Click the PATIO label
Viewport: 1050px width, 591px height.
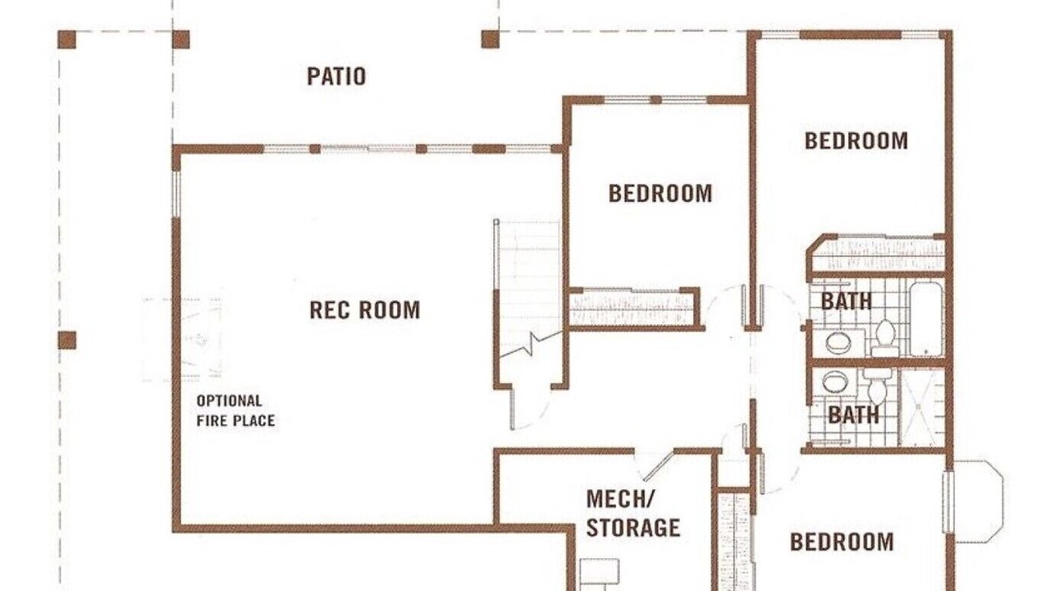click(336, 76)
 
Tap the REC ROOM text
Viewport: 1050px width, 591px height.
click(365, 310)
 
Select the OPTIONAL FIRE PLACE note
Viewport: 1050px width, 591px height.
click(235, 411)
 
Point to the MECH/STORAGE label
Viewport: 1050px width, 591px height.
click(632, 514)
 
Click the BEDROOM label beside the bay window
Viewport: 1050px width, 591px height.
click(842, 542)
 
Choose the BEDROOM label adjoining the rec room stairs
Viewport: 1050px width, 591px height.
click(660, 193)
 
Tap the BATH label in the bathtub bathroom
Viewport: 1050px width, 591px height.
click(846, 301)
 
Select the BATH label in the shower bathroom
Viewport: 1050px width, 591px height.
click(854, 415)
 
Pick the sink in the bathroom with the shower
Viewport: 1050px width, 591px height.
click(834, 382)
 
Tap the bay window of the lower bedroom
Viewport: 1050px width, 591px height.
click(976, 502)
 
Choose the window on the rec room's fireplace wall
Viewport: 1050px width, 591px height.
click(176, 195)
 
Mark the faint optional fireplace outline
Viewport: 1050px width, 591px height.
click(183, 339)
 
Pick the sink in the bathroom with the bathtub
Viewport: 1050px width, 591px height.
click(838, 343)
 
